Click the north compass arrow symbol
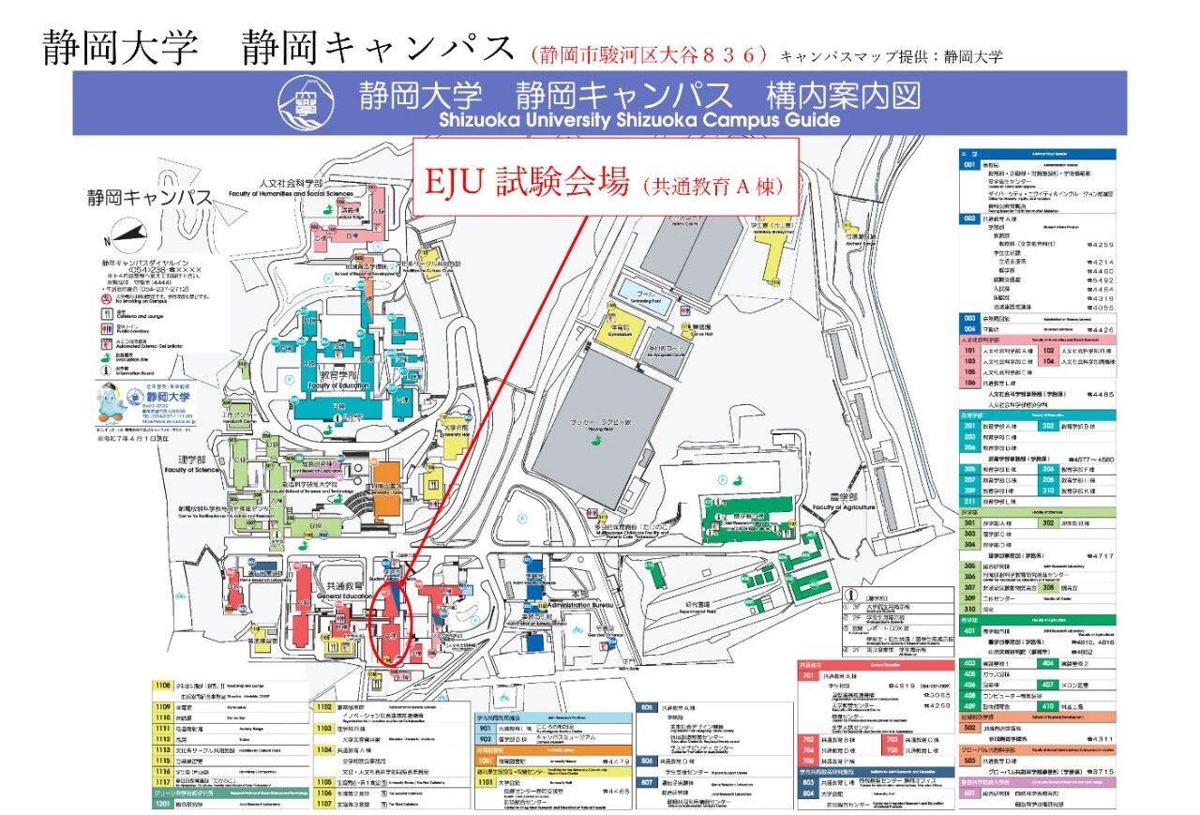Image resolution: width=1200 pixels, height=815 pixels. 129,234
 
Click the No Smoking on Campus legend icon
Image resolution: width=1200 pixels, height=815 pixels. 106,296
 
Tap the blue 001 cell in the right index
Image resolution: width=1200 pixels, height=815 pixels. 969,164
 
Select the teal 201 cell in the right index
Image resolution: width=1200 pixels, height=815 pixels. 969,425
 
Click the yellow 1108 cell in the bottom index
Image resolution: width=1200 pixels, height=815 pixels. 163,686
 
